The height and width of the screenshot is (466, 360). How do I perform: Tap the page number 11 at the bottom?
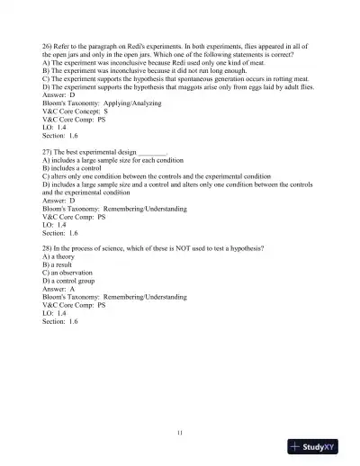(180, 435)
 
